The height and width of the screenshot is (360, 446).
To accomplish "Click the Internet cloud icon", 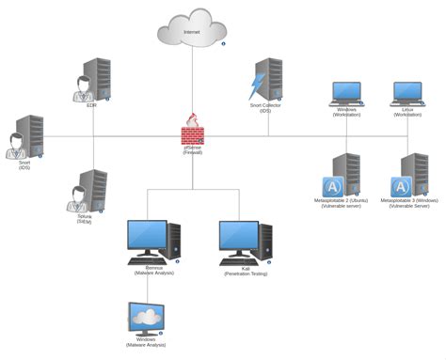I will (x=192, y=26).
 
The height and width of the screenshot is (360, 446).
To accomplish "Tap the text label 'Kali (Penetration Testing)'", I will (x=245, y=272).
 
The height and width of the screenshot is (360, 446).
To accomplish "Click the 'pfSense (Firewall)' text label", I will (x=193, y=149).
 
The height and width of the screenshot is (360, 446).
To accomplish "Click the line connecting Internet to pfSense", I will (x=193, y=80).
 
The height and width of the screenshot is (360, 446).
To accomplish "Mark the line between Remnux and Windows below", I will (x=146, y=287).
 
